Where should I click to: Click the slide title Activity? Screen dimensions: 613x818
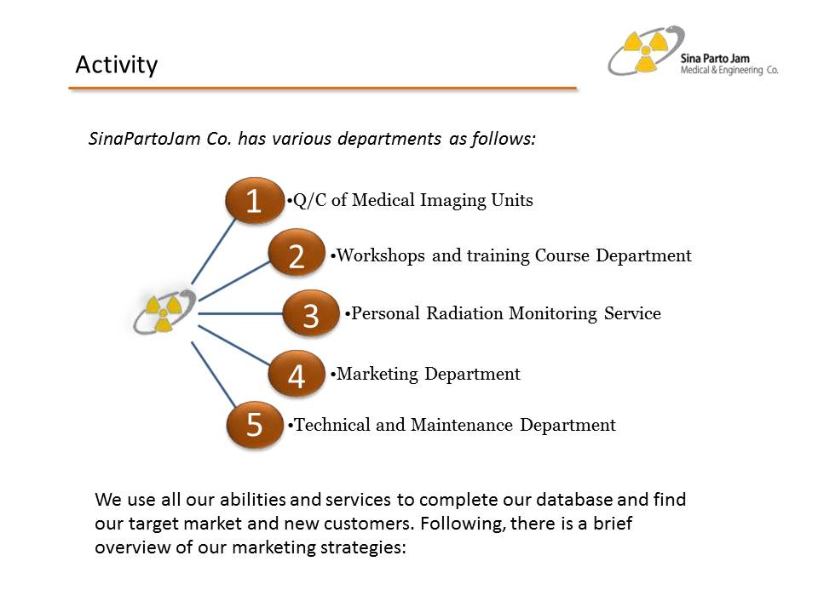[116, 65]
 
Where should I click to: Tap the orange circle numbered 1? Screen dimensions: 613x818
[254, 201]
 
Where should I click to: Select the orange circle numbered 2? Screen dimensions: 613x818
[297, 255]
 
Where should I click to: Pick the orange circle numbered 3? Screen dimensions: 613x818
[311, 314]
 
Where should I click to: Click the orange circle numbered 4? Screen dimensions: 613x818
[297, 375]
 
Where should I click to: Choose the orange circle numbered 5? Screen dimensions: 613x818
[254, 425]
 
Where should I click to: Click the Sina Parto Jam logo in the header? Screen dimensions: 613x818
[646, 51]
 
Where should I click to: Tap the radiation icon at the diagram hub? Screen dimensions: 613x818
[164, 312]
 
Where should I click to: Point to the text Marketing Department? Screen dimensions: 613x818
[428, 374]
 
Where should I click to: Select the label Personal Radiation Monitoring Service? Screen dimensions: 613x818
[505, 313]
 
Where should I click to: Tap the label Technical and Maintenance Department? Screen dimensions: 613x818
[454, 425]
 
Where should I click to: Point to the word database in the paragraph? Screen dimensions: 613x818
[583, 500]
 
